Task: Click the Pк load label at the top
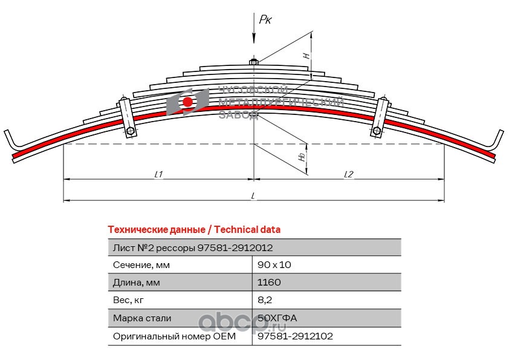[265, 20]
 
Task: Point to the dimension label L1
[158, 174]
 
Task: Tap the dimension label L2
[348, 174]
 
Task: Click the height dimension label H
[306, 55]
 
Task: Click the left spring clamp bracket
[127, 116]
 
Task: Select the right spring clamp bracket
[380, 116]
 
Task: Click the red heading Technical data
[193, 229]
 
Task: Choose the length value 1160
[269, 283]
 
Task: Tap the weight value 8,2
[264, 300]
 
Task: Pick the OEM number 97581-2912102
[295, 335]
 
